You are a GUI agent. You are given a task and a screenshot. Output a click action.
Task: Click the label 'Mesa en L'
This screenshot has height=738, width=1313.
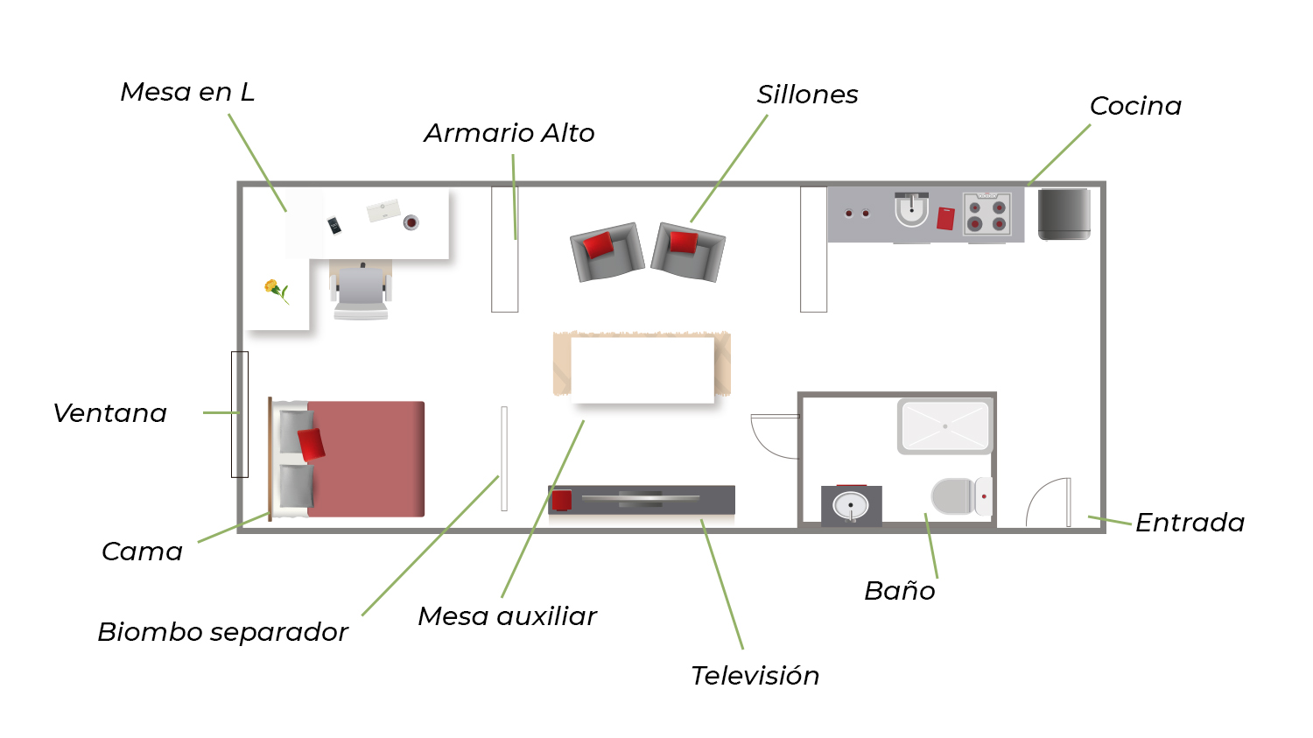coord(187,92)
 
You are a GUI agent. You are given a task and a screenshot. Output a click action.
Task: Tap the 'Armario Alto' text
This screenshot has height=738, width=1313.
coord(509,133)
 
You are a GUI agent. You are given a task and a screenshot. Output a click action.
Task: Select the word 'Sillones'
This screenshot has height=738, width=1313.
coord(807,95)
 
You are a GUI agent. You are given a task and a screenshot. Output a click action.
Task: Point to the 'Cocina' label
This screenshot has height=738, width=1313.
coord(1135,106)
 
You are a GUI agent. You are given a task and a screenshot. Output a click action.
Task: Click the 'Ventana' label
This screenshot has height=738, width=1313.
coord(110,413)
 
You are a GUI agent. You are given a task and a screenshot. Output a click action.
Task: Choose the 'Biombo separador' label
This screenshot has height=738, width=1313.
coord(222,632)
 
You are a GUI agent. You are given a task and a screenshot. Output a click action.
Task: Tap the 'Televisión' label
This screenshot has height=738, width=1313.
coord(755,676)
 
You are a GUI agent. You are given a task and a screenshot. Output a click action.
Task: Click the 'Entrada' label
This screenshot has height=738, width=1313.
coord(1190,523)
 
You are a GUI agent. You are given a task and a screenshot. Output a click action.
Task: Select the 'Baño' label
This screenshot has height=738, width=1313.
coord(899,591)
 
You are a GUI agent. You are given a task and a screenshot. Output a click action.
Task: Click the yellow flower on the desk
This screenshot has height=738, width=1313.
coord(274,288)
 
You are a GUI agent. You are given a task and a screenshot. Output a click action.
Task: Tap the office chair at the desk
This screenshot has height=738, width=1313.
coord(361,292)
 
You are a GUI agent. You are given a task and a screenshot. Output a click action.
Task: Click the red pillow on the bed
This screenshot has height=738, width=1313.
coord(312,445)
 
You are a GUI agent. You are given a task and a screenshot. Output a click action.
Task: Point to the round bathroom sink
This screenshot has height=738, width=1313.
coord(850,506)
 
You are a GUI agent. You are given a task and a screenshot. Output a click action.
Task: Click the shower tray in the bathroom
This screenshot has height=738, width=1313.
coord(944,426)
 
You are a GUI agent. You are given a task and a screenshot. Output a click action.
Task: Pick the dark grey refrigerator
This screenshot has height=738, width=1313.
coord(1064,214)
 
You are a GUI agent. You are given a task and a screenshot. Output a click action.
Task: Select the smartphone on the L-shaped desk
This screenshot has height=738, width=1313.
coord(334,226)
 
